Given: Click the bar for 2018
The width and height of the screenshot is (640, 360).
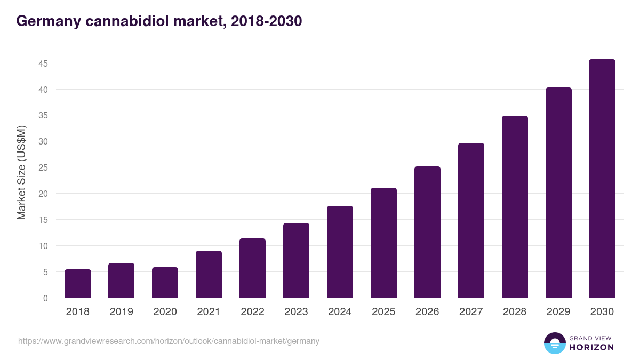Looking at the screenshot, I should click(x=78, y=284).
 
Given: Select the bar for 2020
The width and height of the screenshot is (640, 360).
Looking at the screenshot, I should click(x=165, y=283).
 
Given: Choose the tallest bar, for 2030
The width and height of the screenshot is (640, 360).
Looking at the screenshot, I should click(x=602, y=179).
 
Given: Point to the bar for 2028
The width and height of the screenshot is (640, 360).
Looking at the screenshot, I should click(x=515, y=207).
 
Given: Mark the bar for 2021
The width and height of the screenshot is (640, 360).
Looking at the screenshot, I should click(x=209, y=274).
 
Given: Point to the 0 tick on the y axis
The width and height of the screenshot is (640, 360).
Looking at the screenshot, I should click(x=45, y=298).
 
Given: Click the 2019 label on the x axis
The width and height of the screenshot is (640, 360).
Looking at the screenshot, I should click(x=122, y=312).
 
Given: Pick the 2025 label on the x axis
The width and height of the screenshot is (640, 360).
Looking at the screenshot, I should click(x=383, y=312).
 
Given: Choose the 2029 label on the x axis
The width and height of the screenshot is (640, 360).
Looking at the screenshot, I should click(x=558, y=312).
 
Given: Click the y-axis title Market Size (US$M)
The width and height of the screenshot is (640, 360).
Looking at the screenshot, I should click(x=21, y=172).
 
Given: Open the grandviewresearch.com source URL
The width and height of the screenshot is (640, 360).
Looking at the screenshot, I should click(x=169, y=341).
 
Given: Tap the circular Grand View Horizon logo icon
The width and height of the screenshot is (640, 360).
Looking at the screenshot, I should click(x=554, y=343).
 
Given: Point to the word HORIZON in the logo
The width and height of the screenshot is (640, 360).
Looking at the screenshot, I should click(x=591, y=347).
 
